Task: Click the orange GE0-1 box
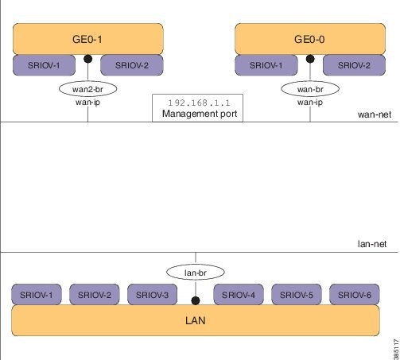tap(87, 38)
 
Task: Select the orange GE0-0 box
tap(310, 38)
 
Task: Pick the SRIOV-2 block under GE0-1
tap(130, 65)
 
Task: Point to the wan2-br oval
tap(88, 88)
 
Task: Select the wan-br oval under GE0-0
tap(310, 88)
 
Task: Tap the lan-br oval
tap(196, 273)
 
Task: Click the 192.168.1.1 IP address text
tap(196, 103)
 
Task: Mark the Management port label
tap(196, 114)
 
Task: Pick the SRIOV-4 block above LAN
tap(240, 296)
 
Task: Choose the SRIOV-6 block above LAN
tap(355, 296)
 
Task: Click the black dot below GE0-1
tap(88, 59)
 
